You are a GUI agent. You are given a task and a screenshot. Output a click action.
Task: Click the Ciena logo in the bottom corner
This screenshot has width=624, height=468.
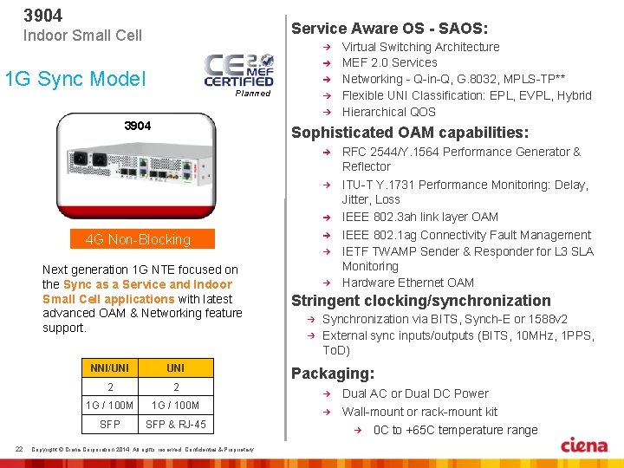coord(584,445)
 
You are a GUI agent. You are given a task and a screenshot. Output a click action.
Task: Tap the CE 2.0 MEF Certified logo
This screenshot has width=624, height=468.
coord(239,70)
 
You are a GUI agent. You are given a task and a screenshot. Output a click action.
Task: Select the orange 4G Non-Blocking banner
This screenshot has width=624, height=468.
coord(138,239)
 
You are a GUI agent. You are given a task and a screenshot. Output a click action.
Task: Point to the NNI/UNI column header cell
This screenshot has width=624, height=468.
coord(110,368)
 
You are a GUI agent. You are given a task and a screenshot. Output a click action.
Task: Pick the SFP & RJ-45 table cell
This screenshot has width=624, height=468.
coord(176,424)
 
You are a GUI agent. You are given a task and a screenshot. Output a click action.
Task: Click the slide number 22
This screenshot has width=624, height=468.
coord(19,448)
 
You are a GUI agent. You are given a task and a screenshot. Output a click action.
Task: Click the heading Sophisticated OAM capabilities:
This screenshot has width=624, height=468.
coord(410,133)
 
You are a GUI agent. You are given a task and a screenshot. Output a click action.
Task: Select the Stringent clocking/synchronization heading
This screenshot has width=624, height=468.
coord(420,301)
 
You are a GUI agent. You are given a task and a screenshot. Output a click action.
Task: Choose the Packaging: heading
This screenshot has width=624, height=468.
coord(333,374)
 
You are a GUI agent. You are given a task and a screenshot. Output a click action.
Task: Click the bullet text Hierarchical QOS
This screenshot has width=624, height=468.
coord(389,112)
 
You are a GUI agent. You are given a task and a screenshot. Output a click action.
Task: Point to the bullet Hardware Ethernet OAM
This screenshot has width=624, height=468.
coord(408,283)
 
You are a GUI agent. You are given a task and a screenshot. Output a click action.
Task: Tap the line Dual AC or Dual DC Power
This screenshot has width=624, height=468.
coord(415,393)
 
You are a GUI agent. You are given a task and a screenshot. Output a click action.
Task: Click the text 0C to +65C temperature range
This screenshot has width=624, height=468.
coord(455,430)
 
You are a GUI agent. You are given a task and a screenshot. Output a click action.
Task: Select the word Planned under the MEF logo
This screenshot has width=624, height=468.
coord(253,94)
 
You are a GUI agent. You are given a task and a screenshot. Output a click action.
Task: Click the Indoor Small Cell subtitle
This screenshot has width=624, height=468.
coord(82,36)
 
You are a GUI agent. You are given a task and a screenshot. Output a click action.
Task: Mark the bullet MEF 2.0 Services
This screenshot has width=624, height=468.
coord(390,62)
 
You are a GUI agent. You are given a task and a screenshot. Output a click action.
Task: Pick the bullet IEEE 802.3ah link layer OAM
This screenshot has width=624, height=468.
coord(420,217)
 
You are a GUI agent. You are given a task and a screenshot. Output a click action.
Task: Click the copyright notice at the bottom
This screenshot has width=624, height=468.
coord(142,449)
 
